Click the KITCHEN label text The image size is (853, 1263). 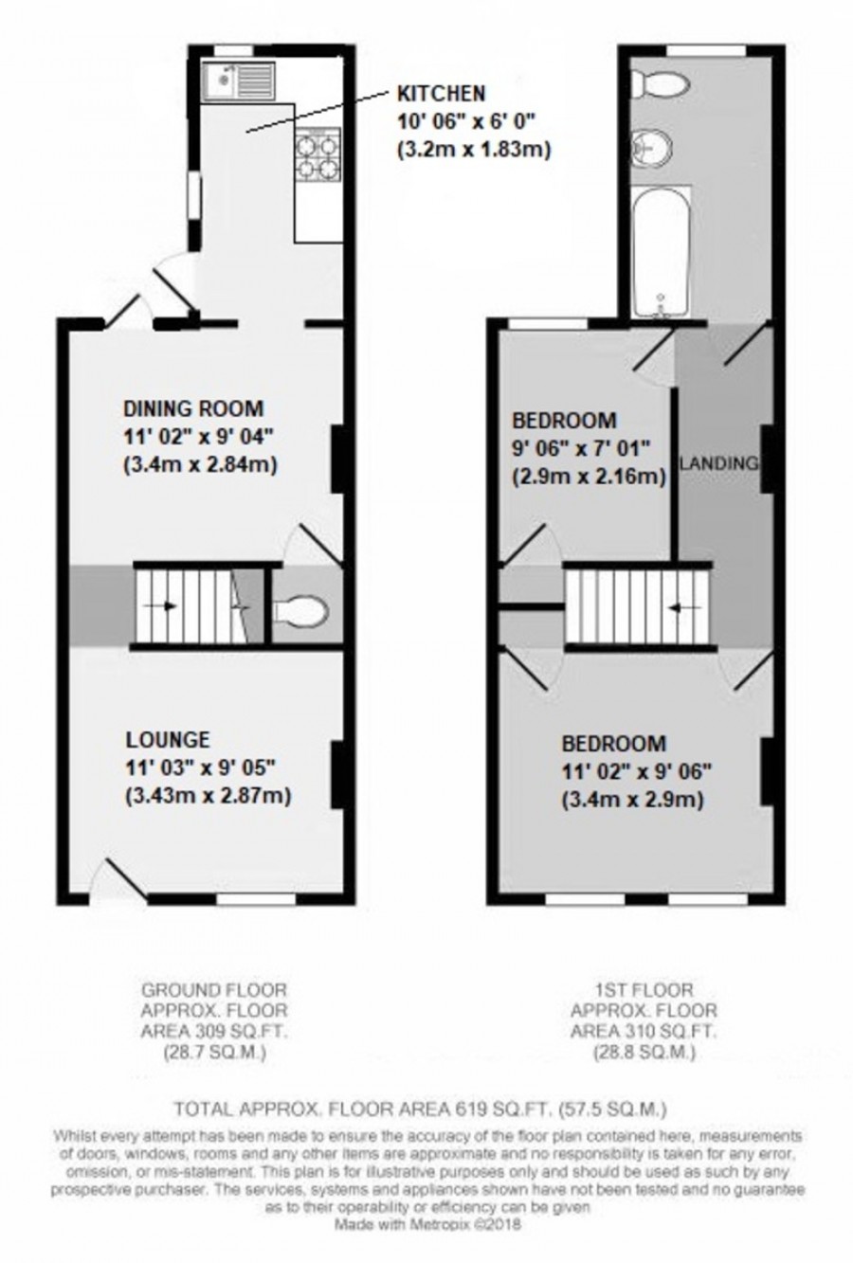click(441, 93)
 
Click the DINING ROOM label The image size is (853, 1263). click(192, 408)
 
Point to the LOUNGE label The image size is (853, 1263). click(168, 739)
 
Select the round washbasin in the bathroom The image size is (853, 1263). click(654, 148)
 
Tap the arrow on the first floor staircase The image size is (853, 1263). click(674, 607)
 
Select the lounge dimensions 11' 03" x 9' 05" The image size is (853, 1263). click(200, 768)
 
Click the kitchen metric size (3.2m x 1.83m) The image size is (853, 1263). click(474, 150)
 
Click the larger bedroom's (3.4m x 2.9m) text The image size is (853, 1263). click(631, 801)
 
